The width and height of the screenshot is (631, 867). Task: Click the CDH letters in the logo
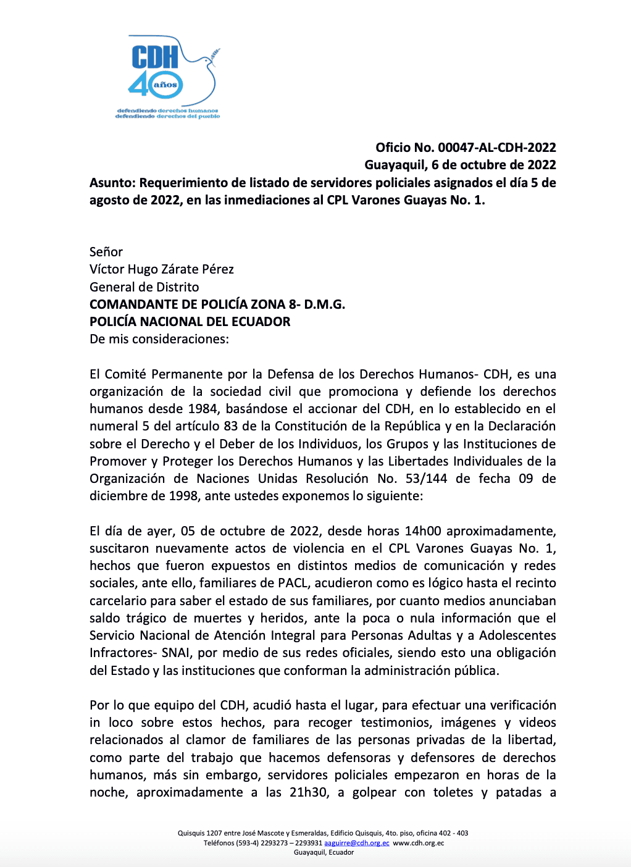[155, 57]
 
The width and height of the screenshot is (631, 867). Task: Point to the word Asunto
[111, 183]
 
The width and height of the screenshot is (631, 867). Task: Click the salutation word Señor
[106, 252]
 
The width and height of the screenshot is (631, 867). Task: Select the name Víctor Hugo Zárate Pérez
[162, 269]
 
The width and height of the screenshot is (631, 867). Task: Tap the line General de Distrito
[144, 287]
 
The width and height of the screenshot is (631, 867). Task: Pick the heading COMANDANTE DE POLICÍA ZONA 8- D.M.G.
[217, 304]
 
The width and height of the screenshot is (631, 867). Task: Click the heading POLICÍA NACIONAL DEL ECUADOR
[190, 322]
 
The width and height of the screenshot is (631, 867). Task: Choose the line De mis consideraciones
[159, 339]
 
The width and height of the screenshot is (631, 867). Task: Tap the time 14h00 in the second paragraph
[423, 531]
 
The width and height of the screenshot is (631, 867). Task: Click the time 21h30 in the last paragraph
[309, 792]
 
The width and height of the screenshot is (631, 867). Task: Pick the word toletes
[454, 792]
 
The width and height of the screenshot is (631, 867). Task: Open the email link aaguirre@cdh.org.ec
[357, 843]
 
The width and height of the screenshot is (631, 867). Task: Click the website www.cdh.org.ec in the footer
[419, 843]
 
